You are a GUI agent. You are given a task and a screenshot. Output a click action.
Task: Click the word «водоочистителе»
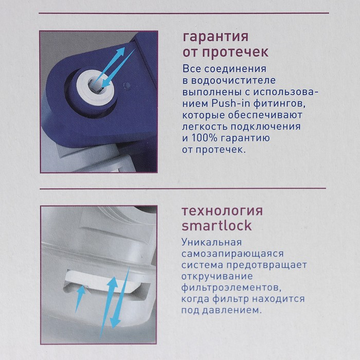233,81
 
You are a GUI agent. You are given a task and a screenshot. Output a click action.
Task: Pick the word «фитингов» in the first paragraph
280,104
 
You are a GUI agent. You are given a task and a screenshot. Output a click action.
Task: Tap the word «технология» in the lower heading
222,211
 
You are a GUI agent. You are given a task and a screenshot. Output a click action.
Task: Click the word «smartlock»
217,225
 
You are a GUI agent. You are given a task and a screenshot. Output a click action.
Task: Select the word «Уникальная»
212,242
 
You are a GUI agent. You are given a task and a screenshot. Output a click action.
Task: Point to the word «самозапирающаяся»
232,254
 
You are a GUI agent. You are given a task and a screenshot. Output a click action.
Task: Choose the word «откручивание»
217,276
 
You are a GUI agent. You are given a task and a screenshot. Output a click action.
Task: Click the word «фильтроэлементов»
231,287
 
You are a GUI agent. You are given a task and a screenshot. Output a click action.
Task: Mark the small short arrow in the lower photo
80,298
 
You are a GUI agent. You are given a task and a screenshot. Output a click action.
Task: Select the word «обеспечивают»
265,115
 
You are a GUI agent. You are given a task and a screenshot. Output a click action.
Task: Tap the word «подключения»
266,127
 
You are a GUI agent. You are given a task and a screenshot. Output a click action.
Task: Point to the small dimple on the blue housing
127,86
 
